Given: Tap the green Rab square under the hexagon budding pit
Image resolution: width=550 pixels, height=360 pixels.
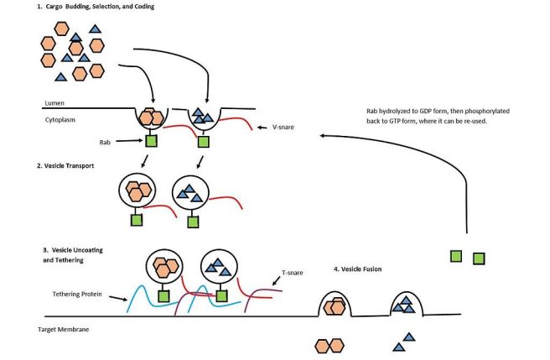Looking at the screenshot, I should coord(152,140).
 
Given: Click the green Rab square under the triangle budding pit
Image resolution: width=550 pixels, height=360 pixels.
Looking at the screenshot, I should coord(200,139).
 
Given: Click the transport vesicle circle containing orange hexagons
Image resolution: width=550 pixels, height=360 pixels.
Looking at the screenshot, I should coord(137,191).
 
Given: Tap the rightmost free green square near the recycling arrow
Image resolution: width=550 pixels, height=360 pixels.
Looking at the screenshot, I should coord(478,258).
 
